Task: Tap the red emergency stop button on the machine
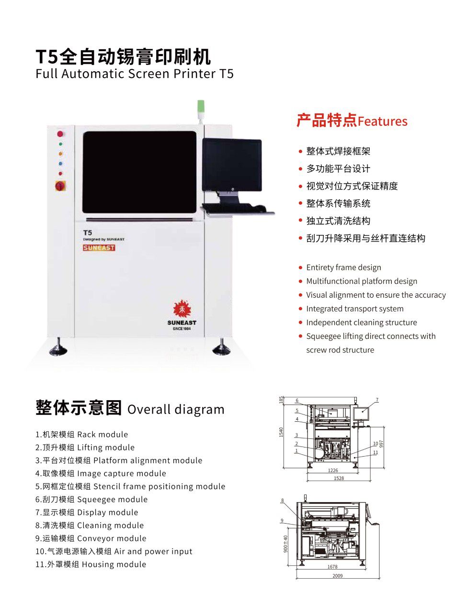point(60,134)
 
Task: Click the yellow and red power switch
point(60,185)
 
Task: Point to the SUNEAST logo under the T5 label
point(99,248)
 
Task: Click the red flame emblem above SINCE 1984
point(182,309)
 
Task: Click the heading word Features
point(382,122)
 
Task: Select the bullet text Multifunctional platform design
point(362,281)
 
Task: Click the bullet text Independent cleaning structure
point(362,323)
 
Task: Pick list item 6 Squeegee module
point(91,500)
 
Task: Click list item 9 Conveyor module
point(91,538)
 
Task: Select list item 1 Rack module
point(82,435)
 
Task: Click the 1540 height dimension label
point(282,432)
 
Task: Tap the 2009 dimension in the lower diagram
point(337,576)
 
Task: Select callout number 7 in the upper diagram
point(377,400)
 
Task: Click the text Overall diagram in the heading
point(176,410)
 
